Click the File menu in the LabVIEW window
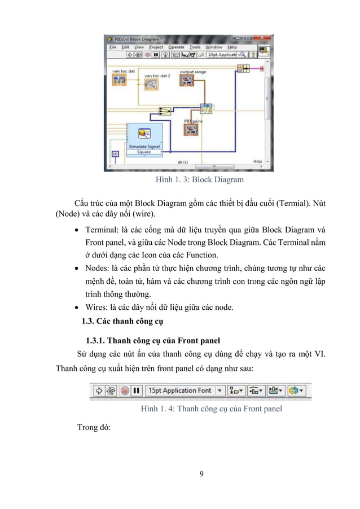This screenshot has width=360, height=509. click(x=112, y=47)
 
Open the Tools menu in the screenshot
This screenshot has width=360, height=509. click(x=195, y=47)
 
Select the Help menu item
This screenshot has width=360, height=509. click(x=232, y=47)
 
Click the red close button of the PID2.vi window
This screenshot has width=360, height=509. click(x=267, y=39)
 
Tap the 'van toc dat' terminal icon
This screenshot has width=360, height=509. click(x=119, y=80)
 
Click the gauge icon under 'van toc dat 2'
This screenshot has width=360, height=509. click(x=151, y=84)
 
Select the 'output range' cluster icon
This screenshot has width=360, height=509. click(x=187, y=81)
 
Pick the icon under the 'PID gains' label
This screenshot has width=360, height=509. click(x=191, y=130)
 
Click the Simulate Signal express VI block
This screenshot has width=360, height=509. click(x=143, y=135)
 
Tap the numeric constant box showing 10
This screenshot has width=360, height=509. click(x=115, y=154)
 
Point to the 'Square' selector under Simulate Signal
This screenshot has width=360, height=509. click(x=143, y=152)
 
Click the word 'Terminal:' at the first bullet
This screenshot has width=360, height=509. click(x=103, y=231)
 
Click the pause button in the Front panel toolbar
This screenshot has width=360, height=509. click(x=136, y=390)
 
